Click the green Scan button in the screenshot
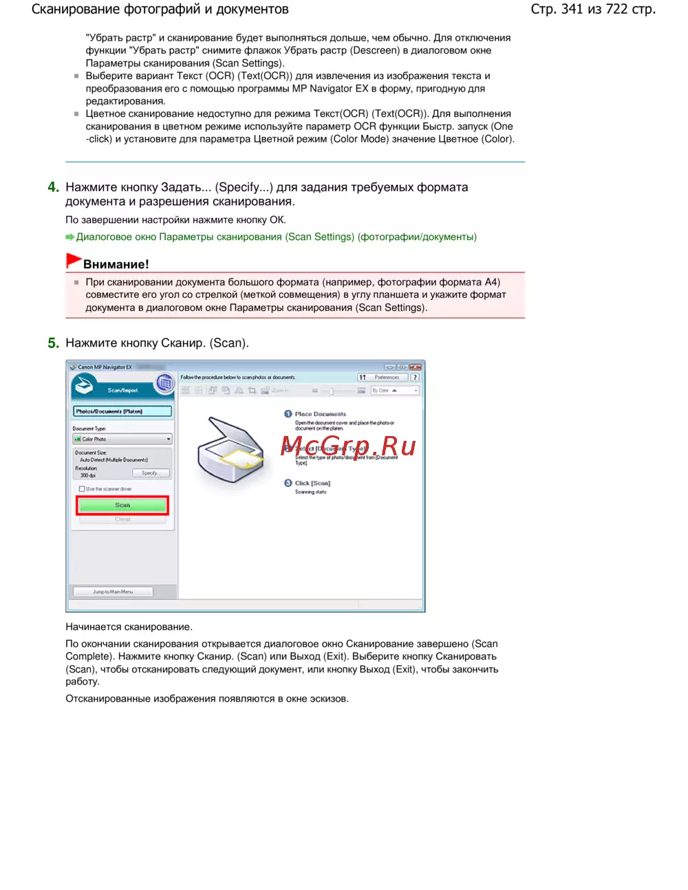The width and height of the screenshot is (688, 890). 122,506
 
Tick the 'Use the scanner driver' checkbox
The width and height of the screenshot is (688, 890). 82,489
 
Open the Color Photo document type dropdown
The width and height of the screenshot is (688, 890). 122,439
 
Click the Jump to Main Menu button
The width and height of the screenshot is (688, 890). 113,591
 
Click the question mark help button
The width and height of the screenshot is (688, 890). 416,377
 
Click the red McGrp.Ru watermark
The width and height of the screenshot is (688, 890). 348,446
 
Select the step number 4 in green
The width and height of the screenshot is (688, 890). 53,187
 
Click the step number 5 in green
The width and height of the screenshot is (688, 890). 53,343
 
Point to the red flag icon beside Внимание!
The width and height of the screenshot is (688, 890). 73,261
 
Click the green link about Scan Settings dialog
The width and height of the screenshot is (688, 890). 276,237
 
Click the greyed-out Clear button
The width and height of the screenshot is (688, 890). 122,519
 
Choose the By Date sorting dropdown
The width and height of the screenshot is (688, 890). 394,390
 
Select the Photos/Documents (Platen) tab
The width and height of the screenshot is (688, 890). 122,411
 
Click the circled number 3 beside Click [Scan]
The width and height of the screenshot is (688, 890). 288,483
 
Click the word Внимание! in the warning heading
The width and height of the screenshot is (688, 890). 116,264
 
